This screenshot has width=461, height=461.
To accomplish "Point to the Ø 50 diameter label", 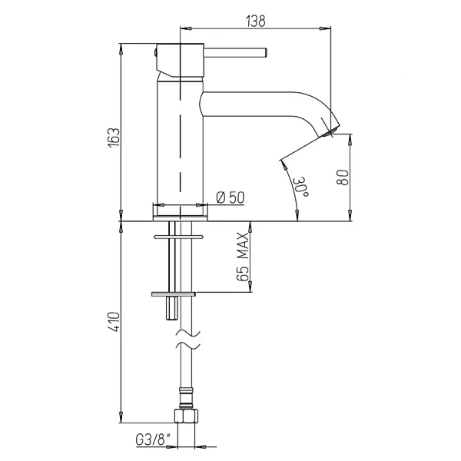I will click(230, 197).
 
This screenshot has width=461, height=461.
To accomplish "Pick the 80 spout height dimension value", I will click(343, 176).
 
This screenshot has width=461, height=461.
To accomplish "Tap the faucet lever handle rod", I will click(234, 53).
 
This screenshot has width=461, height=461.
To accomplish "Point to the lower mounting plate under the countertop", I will click(174, 294).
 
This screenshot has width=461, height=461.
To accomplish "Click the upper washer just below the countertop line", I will click(180, 236).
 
